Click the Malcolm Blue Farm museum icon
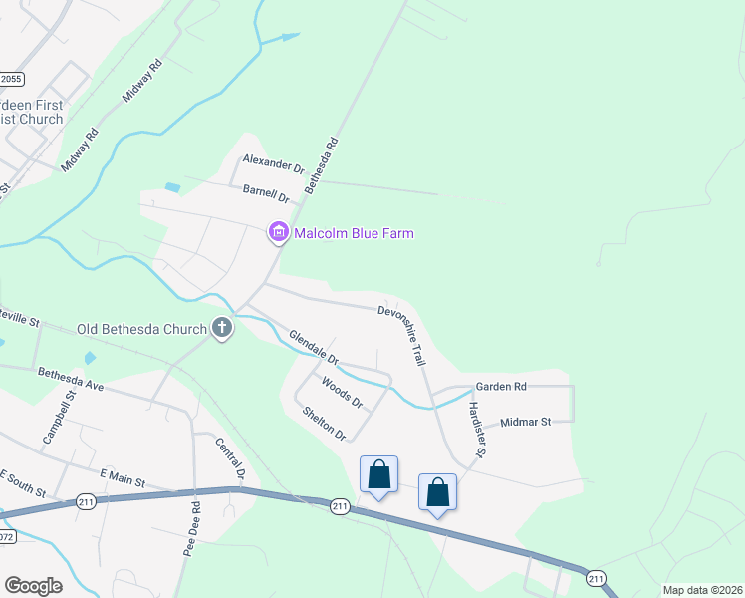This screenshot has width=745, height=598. (278, 233)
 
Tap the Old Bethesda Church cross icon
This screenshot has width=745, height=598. (222, 328)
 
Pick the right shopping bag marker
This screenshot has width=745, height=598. (437, 492)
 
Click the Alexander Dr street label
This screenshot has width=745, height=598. (273, 164)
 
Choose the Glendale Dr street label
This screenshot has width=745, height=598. (314, 347)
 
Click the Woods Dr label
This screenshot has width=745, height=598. (342, 392)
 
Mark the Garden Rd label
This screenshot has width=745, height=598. (500, 387)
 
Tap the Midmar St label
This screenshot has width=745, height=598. (526, 423)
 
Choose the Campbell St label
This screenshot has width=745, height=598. (59, 419)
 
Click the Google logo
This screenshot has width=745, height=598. (33, 585)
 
